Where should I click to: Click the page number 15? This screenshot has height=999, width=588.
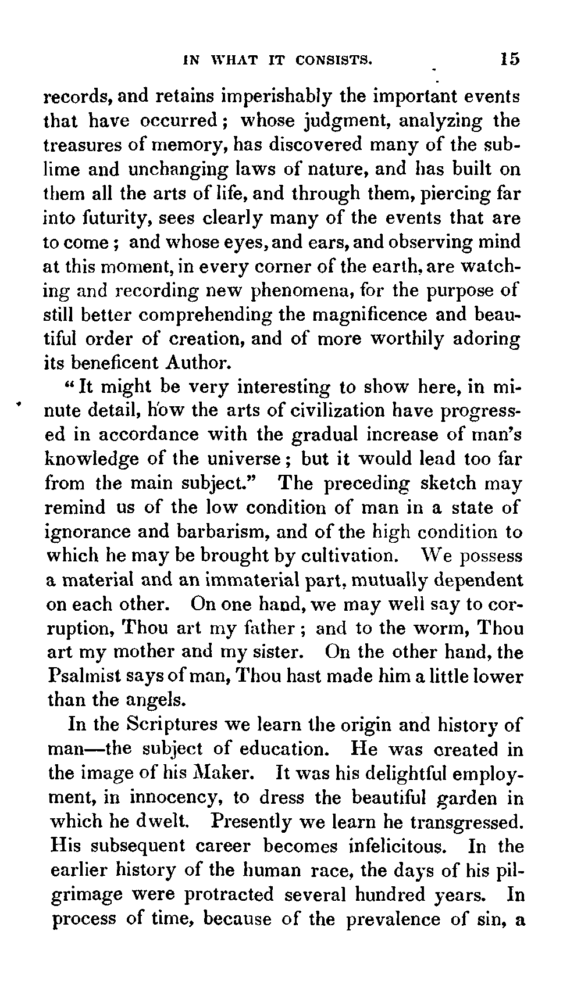pyautogui.click(x=507, y=59)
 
